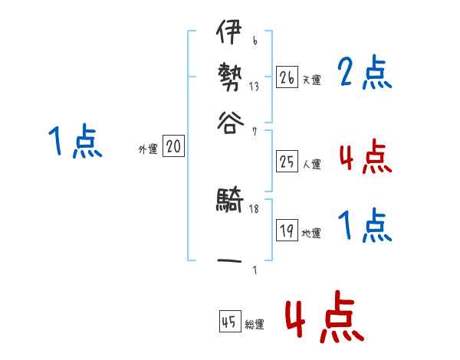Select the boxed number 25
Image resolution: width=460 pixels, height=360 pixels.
287,161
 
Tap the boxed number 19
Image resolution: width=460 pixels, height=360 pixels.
287,230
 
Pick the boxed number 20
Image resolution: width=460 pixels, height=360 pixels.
173,147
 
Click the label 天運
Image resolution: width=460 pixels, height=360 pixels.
310,79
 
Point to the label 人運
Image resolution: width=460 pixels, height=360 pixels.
311,163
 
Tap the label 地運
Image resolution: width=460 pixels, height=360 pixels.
311,233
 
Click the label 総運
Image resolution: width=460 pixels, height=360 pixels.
254,325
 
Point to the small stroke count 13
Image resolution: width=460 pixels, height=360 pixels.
254,86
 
